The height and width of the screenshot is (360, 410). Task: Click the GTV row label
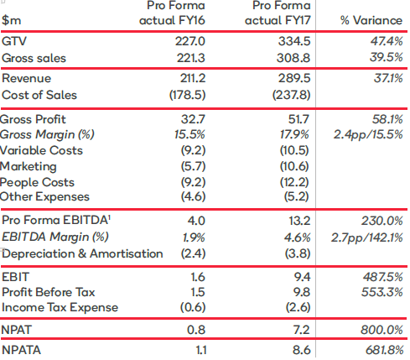[14, 41]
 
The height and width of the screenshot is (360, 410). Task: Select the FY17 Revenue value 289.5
[294, 78]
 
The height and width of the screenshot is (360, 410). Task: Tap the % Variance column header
[371, 20]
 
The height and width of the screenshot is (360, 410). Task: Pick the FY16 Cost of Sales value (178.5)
[187, 95]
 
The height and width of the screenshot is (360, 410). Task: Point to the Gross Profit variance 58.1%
[387, 119]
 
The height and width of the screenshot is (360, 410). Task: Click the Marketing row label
[28, 167]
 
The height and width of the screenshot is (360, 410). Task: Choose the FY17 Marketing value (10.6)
[294, 167]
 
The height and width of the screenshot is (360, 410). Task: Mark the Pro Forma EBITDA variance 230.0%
[382, 221]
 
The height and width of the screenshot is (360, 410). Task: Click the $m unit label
[11, 20]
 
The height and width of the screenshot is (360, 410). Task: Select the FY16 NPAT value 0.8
[196, 330]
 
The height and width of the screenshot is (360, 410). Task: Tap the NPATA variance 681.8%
[385, 350]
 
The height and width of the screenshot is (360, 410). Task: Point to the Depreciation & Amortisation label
[82, 253]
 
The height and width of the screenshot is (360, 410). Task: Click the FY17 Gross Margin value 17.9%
[294, 134]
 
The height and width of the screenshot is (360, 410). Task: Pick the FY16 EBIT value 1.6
[198, 277]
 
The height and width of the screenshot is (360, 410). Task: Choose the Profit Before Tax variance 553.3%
[382, 292]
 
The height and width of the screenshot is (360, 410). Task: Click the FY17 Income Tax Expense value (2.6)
[298, 307]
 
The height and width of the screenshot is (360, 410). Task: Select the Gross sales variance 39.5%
[387, 57]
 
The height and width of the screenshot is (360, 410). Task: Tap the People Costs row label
[37, 182]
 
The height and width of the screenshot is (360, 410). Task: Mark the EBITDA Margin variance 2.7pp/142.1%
[367, 237]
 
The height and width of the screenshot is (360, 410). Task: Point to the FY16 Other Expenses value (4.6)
[193, 196]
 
